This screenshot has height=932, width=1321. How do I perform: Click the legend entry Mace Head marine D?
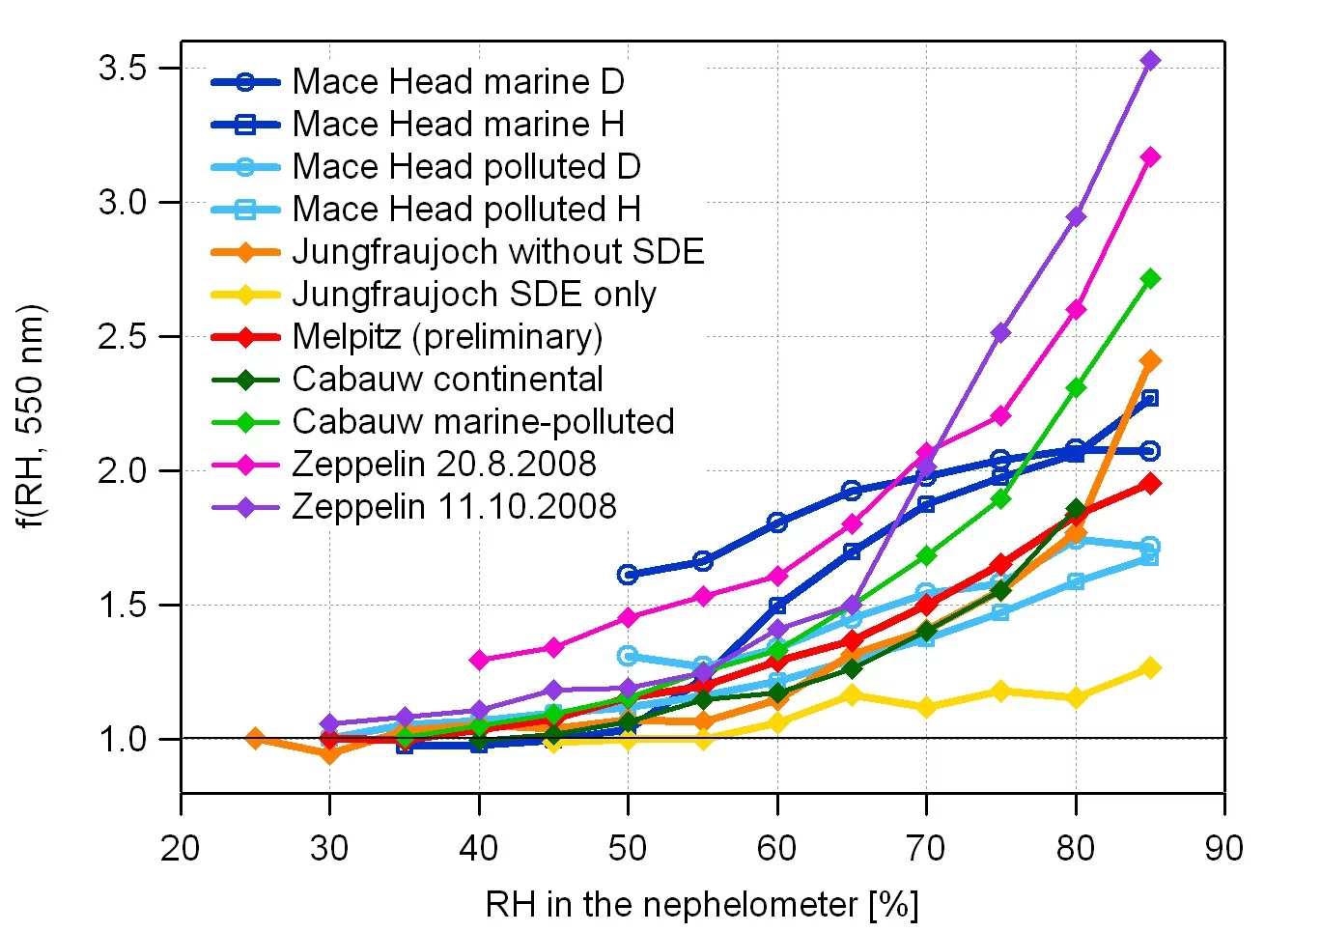[x=458, y=82]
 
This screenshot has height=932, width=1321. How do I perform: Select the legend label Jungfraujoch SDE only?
[x=473, y=295]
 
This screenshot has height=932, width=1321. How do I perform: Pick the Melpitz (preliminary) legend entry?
[x=447, y=337]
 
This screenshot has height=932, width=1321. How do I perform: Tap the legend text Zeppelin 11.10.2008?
[x=454, y=507]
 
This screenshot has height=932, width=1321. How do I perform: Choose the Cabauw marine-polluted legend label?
[x=483, y=422]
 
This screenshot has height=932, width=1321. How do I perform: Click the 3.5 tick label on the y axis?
[x=122, y=69]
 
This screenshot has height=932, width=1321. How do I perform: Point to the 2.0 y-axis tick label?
[x=122, y=471]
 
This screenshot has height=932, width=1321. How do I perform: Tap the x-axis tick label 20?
[x=181, y=849]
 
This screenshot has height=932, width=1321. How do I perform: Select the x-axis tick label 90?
[x=1223, y=849]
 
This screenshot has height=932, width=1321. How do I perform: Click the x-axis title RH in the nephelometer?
[x=702, y=905]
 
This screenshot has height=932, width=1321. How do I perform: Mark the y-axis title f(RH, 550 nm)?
[x=31, y=416]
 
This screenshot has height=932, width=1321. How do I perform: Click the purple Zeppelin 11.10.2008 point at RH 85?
[x=1150, y=61]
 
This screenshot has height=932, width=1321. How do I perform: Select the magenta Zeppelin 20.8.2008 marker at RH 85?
[x=1150, y=157]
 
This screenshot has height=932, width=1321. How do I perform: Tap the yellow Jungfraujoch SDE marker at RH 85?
[x=1150, y=668]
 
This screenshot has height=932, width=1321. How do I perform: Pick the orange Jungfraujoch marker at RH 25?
[x=255, y=739]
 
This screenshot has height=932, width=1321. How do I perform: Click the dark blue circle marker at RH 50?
[x=628, y=575]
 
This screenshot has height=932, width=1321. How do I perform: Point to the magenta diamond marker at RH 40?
[x=479, y=661]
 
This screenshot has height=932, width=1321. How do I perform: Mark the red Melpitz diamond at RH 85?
[x=1150, y=484]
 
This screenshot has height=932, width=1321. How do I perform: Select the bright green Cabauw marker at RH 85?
[x=1150, y=279]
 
